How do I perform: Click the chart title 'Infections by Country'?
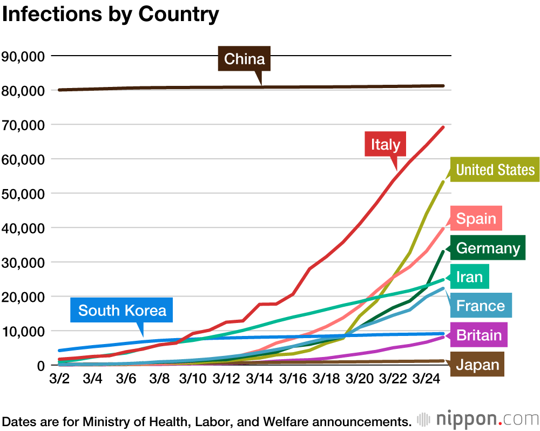tap(111, 15)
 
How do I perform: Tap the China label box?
tap(244, 59)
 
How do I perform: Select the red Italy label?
tap(385, 144)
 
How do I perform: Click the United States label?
tap(495, 170)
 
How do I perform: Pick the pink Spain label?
tap(476, 219)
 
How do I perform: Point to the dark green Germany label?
tap(488, 248)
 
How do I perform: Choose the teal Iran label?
tap(469, 277)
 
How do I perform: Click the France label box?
tap(480, 306)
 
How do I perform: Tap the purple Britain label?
tap(479, 335)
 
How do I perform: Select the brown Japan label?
tap(478, 365)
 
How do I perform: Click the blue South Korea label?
tap(122, 311)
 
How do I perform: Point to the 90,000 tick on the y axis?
tap(24, 56)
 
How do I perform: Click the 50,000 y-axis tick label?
tap(24, 193)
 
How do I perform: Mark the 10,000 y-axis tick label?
tap(24, 331)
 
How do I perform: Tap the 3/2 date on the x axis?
tap(59, 378)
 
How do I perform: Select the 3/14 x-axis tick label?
tap(260, 378)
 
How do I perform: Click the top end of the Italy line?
tap(443, 127)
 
